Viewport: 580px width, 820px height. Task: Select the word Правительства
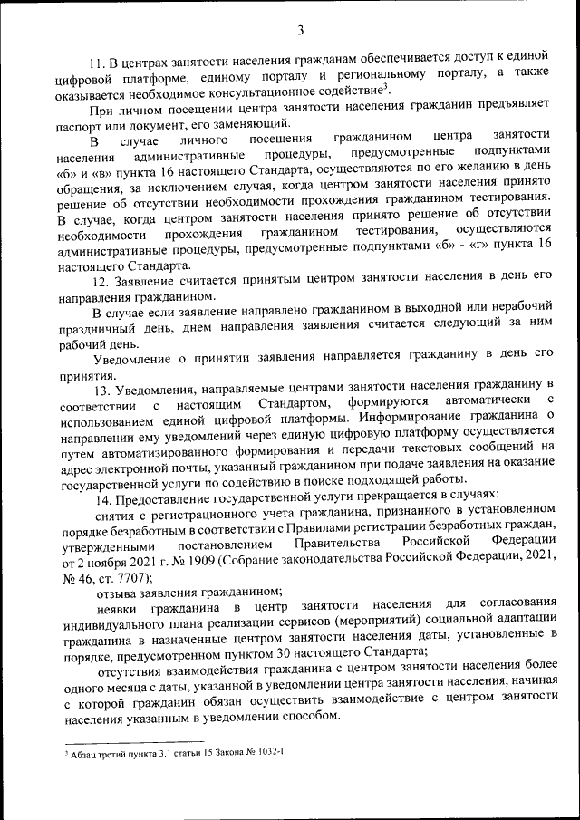click(x=333, y=546)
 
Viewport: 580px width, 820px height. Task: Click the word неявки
click(x=118, y=608)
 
